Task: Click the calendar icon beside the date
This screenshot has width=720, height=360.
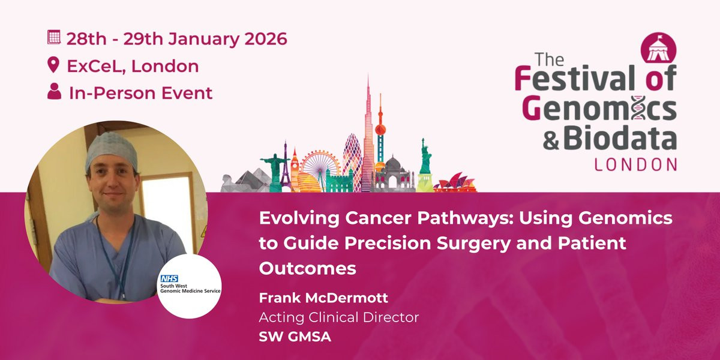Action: pos(53,37)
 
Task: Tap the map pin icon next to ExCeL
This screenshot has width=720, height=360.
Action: pos(53,65)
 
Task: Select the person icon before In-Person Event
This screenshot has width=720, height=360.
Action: pos(55,91)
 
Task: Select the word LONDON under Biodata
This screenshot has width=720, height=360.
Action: pos(635,164)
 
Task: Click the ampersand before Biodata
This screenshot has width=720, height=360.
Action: pos(551,141)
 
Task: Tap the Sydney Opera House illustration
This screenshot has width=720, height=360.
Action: pos(455,183)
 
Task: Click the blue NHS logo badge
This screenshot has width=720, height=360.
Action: pos(169,278)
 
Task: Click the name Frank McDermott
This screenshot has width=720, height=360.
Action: pos(323,298)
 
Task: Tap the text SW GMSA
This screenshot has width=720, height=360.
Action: pos(295,337)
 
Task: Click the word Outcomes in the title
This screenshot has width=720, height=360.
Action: pos(308,268)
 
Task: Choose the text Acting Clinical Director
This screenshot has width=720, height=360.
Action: pos(339,317)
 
